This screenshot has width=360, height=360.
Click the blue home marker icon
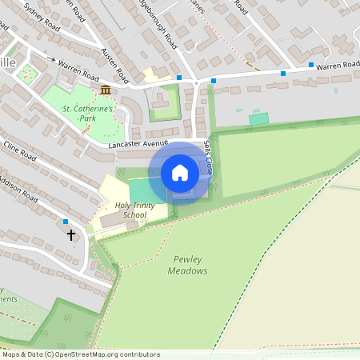tap(180, 173)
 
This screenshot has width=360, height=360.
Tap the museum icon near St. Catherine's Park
tap(106, 90)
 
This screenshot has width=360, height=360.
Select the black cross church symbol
tap(71, 235)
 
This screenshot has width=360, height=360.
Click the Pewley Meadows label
tap(188, 265)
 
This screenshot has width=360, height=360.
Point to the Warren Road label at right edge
tap(338, 65)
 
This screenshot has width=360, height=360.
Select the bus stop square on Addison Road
tap(66, 222)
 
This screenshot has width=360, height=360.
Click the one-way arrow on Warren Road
tap(52, 60)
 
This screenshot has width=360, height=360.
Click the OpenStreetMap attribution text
tap(80, 354)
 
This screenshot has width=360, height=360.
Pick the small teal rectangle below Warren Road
tap(258, 118)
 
